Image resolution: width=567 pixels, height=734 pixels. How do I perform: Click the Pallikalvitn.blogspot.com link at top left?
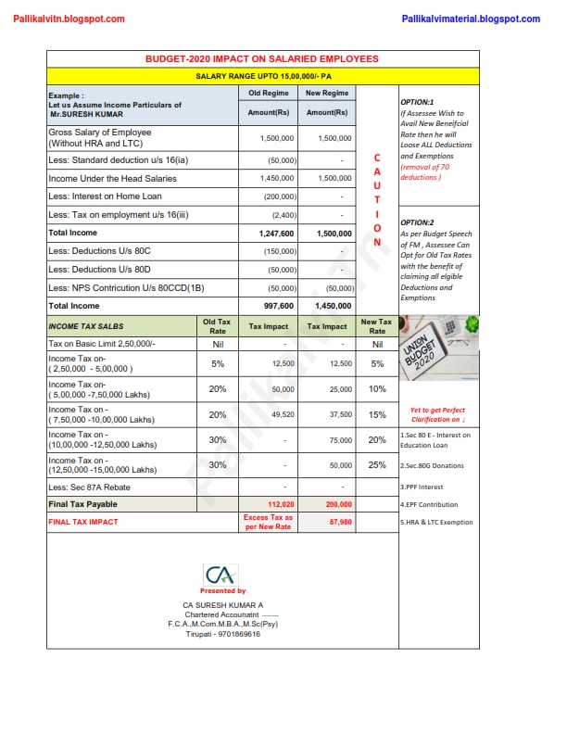[69, 19]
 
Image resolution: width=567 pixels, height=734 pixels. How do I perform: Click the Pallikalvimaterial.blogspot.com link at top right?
[472, 19]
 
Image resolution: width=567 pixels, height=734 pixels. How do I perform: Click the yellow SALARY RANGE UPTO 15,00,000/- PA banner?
[263, 76]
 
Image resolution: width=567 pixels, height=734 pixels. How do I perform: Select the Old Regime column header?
[268, 94]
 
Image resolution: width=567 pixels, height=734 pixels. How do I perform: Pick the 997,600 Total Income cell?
[278, 306]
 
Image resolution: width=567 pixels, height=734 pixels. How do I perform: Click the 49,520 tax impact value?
[283, 416]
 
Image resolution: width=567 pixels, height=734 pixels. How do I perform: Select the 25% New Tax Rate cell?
[377, 465]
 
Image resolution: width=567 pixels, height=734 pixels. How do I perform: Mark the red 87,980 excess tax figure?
[340, 522]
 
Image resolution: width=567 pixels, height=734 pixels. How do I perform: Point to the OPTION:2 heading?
[417, 222]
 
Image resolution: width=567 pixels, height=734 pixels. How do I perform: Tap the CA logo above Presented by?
[222, 574]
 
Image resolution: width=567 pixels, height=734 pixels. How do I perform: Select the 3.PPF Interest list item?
[422, 486]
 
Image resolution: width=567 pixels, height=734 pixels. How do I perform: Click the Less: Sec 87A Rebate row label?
[89, 487]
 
